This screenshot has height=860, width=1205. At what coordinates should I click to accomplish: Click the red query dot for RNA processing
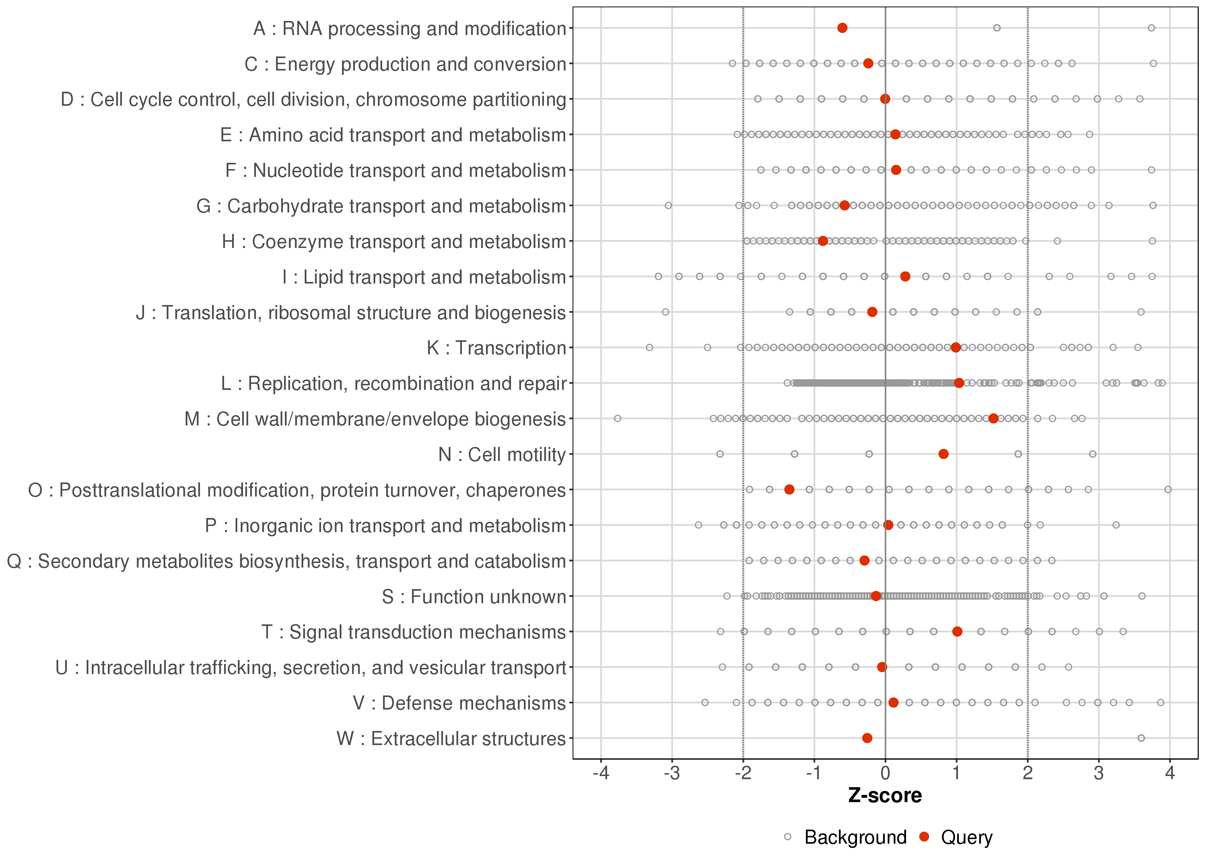(842, 28)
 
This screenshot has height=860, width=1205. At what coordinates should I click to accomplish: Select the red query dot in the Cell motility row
(943, 454)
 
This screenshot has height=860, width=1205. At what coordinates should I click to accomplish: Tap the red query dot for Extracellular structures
(867, 738)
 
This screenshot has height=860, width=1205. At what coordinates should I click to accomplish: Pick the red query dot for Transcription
(955, 347)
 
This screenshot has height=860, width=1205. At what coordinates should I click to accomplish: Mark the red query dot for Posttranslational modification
(789, 489)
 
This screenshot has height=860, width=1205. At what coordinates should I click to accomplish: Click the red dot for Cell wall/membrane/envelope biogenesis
(993, 418)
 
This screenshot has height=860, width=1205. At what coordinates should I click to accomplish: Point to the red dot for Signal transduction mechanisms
(957, 631)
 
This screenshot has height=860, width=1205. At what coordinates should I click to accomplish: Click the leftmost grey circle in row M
(617, 418)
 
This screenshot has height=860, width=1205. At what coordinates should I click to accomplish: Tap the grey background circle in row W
(1141, 738)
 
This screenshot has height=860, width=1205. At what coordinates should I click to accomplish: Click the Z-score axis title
(885, 795)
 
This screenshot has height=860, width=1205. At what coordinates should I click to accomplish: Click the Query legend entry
(966, 837)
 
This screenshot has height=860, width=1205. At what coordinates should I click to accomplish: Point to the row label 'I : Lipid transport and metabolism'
(424, 277)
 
